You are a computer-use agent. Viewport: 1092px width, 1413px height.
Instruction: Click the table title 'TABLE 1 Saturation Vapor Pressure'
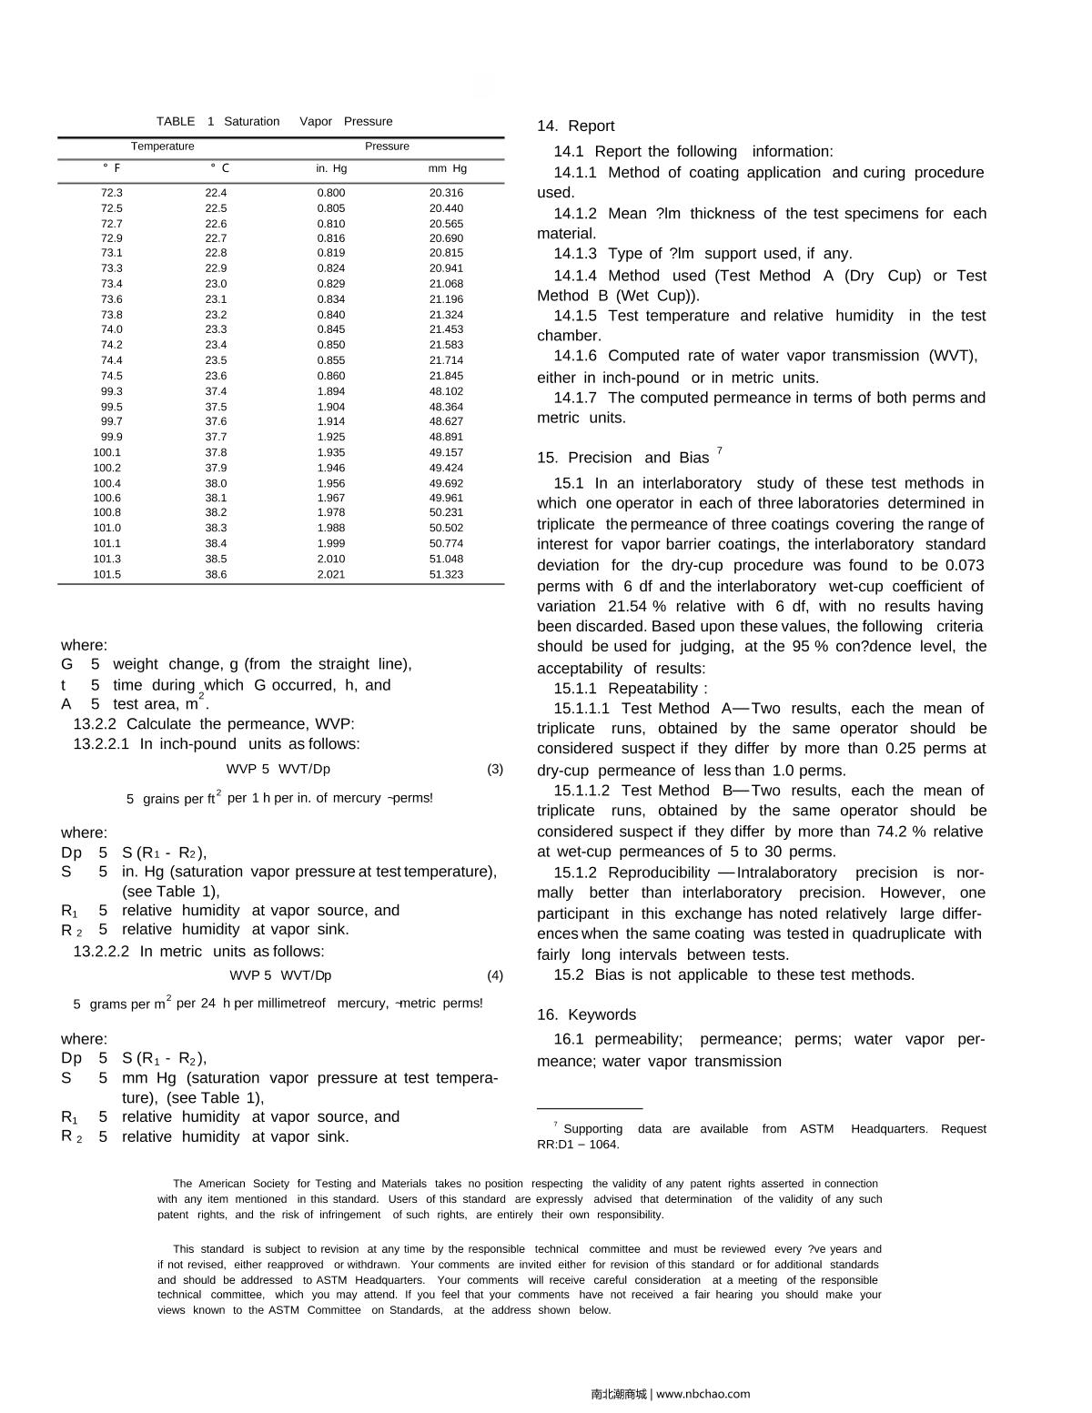click(274, 121)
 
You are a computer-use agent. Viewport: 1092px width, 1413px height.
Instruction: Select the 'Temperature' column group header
click(162, 146)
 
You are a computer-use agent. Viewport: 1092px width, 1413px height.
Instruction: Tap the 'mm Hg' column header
click(447, 168)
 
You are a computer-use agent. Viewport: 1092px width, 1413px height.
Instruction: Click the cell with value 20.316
click(446, 193)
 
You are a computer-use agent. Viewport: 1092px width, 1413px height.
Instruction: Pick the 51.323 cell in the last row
click(446, 574)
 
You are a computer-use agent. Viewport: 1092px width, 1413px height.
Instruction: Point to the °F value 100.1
click(106, 452)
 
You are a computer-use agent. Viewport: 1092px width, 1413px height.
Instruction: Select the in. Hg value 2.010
click(331, 559)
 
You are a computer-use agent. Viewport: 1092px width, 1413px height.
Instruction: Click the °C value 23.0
click(216, 284)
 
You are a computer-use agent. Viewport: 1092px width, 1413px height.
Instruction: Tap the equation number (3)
click(494, 769)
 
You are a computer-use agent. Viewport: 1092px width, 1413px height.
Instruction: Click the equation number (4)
click(494, 975)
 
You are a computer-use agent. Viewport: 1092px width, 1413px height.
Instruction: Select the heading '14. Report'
click(575, 126)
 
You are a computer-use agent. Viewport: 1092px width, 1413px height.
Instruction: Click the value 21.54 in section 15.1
click(626, 606)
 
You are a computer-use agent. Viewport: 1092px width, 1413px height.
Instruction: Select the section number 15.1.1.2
click(581, 791)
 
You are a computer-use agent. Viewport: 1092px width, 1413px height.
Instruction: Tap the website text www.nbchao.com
click(703, 1394)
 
